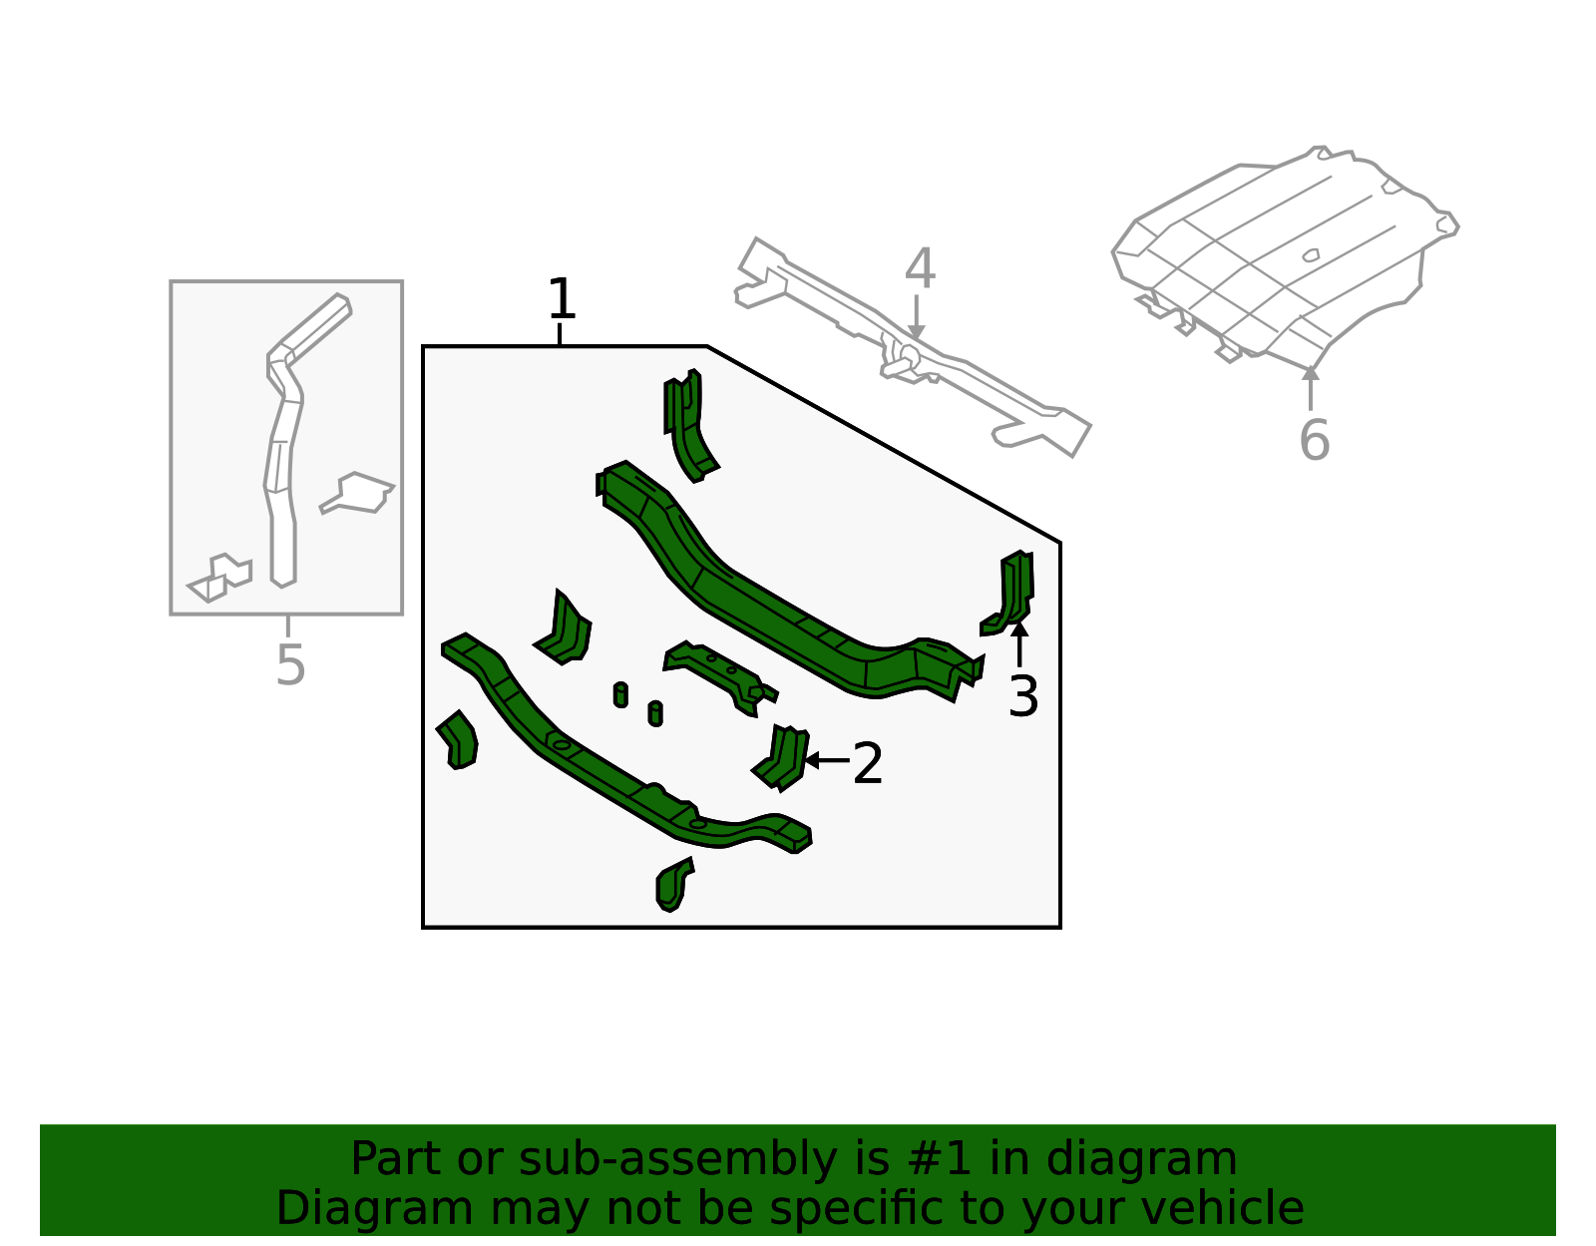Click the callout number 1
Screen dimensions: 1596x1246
click(x=562, y=298)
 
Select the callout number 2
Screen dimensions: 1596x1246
click(x=867, y=763)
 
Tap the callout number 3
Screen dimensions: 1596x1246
click(x=1023, y=696)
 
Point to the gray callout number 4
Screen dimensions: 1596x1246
click(x=920, y=268)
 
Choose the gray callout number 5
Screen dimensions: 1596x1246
click(x=290, y=664)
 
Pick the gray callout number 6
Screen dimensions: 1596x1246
click(x=1314, y=440)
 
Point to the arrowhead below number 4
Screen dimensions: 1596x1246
click(x=916, y=332)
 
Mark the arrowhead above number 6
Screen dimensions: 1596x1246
click(x=1311, y=372)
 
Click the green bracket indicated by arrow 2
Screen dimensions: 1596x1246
click(x=781, y=758)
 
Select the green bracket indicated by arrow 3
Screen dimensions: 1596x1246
click(x=1010, y=594)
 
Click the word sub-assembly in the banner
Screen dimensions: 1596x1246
click(x=677, y=1161)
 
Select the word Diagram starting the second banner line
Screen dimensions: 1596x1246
click(x=374, y=1209)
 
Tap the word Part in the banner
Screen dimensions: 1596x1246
click(x=398, y=1159)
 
